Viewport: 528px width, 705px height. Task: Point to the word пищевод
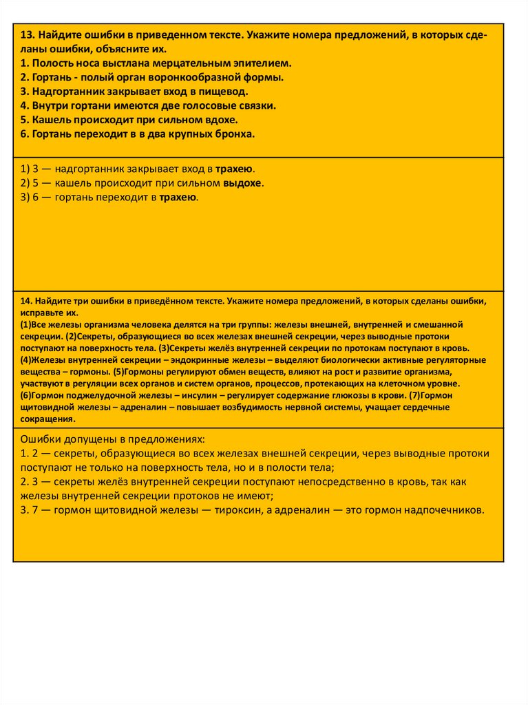[224, 91]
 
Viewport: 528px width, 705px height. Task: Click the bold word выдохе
[243, 183]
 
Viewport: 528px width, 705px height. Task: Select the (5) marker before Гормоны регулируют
[119, 372]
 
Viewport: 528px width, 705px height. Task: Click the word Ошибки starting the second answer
[42, 439]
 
